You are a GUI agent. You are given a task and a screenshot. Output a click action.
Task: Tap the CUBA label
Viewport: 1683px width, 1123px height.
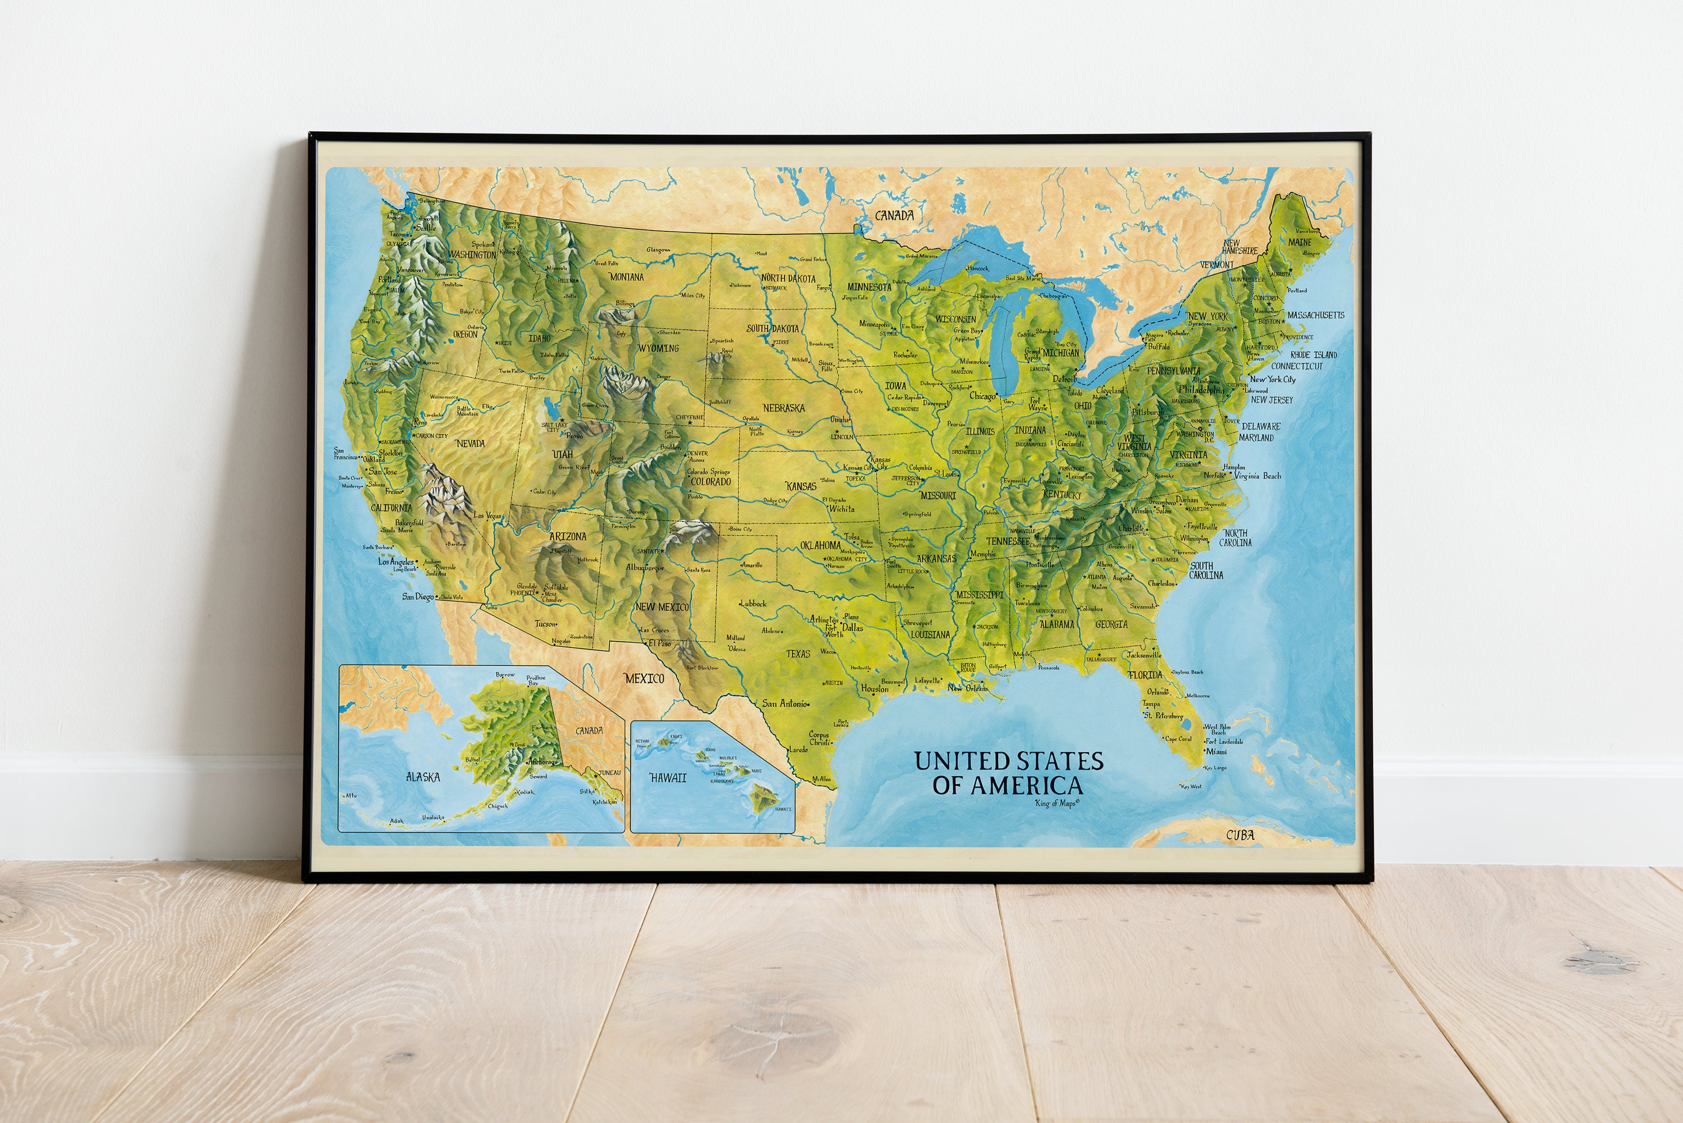[1240, 834]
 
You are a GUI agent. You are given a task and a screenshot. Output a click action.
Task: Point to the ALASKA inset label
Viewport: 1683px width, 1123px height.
[422, 777]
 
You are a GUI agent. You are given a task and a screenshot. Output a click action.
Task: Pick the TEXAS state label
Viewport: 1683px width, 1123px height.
[798, 653]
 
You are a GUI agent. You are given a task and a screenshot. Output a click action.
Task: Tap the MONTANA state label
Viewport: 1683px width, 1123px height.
[627, 277]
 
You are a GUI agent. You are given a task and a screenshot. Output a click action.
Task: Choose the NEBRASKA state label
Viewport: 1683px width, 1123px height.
[784, 407]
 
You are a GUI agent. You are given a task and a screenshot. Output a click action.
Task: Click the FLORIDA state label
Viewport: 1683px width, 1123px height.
[1145, 675]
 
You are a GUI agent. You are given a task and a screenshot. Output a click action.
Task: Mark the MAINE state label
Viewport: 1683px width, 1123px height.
[1300, 242]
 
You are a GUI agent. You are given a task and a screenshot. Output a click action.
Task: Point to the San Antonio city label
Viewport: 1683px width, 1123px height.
[785, 703]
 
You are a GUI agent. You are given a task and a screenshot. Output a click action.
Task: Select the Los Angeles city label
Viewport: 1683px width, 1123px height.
[396, 561]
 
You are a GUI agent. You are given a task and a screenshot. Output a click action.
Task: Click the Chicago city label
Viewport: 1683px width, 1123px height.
[982, 395]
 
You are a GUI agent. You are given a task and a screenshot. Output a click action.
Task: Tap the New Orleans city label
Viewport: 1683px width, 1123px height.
[968, 688]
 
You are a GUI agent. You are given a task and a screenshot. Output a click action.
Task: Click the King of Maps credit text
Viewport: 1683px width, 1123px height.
[1056, 803]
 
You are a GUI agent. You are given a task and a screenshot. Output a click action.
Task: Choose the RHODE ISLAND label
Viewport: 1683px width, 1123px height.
[1313, 355]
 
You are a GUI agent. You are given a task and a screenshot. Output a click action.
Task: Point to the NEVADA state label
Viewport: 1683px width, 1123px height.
[471, 443]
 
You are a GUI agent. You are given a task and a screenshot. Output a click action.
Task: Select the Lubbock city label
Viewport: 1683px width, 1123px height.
[753, 603]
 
